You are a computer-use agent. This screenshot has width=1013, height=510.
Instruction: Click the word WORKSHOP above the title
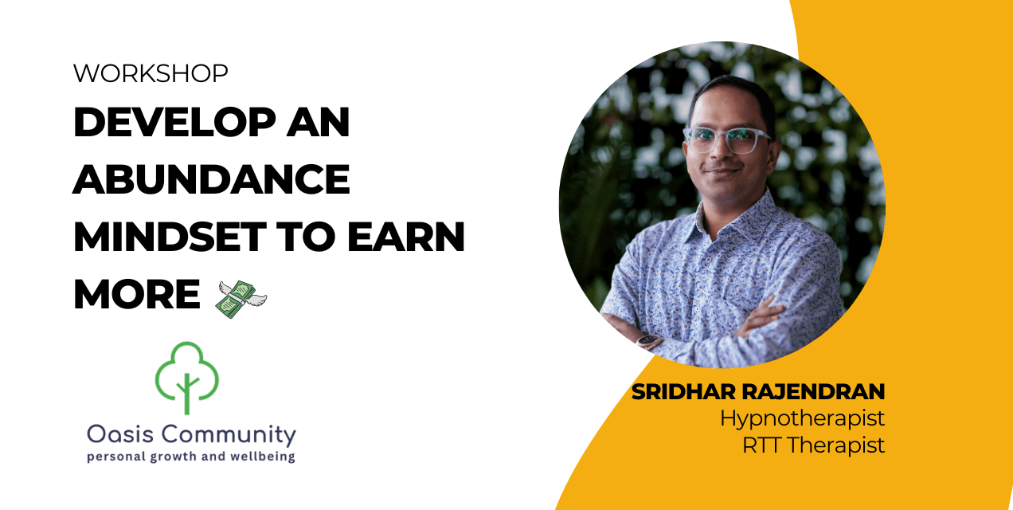point(151,74)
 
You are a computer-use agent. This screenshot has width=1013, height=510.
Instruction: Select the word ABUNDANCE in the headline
point(211,180)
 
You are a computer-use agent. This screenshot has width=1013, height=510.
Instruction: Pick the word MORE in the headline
point(136,295)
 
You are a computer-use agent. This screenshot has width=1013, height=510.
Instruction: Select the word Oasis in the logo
point(118,435)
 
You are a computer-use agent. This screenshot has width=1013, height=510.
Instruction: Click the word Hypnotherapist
point(802,418)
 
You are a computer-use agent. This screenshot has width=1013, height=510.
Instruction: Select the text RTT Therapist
point(813,445)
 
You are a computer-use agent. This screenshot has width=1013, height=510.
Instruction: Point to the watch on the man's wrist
point(649,340)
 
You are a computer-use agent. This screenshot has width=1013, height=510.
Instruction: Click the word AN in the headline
point(318,123)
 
